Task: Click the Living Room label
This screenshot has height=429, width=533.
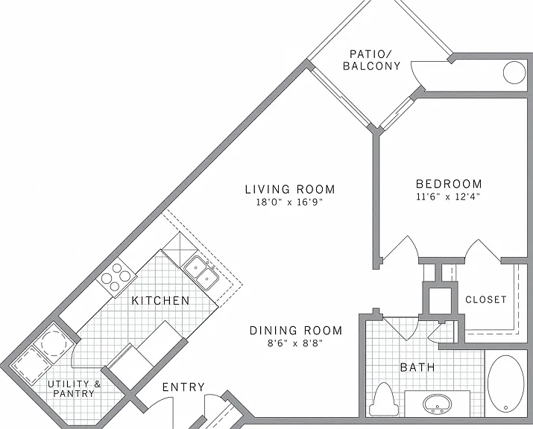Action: coord(290,189)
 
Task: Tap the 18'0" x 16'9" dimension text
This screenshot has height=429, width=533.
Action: coord(289,202)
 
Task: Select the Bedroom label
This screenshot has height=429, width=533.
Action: coord(449,184)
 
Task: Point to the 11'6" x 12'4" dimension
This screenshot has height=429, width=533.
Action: coord(448,197)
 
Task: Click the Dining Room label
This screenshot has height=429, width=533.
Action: coord(296,330)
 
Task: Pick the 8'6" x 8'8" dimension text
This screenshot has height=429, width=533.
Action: coord(294,343)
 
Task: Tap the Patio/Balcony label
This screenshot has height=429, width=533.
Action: coord(371,60)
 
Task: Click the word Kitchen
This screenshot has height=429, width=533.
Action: coord(160,301)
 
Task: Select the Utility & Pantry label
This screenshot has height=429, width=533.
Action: coord(74,389)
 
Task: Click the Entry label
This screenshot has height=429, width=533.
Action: coord(183,387)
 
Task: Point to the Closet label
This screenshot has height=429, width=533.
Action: coord(486,299)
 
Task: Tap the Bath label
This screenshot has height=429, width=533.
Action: coord(417,367)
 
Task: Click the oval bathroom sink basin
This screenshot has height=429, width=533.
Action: coord(438,404)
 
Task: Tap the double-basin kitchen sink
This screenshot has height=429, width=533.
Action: coord(201,273)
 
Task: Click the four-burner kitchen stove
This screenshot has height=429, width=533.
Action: coord(116,277)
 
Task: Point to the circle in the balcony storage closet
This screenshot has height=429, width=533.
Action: coord(514,72)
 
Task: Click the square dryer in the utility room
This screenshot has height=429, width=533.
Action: coord(31,365)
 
